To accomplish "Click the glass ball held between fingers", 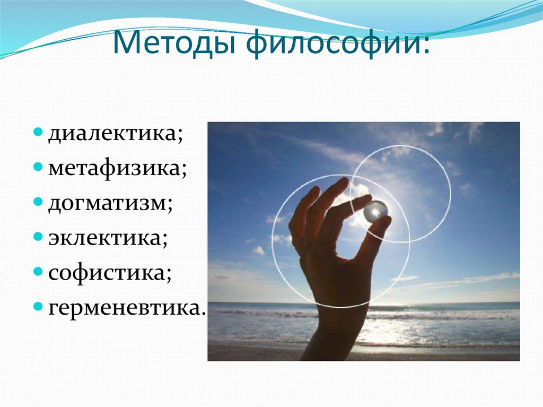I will click(375, 211).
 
